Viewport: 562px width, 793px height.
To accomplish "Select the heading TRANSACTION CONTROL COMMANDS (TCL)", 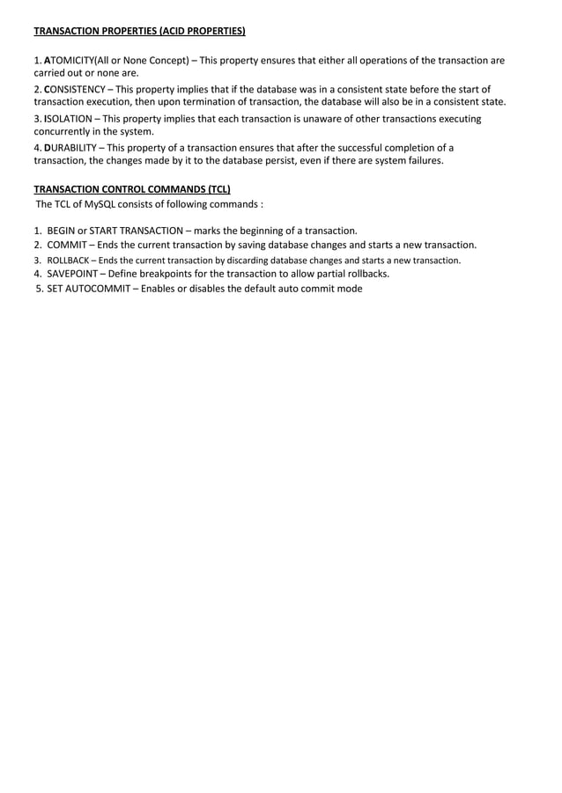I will click(132, 189).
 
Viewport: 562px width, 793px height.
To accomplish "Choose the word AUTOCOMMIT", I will click(99, 289).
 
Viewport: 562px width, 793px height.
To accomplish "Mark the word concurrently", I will click(65, 131).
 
